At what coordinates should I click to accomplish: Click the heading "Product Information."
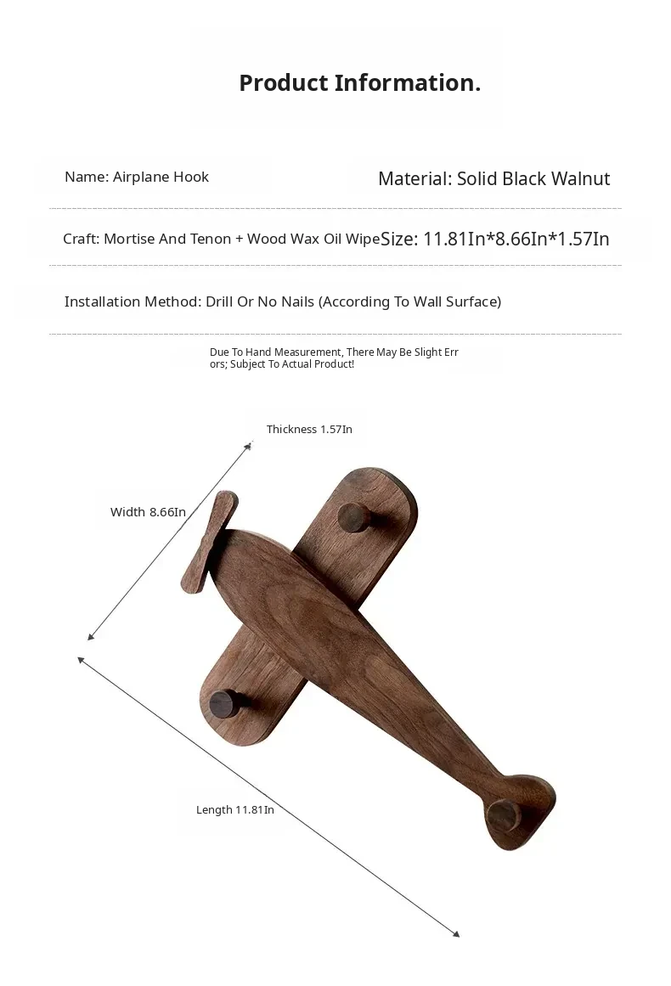(x=359, y=83)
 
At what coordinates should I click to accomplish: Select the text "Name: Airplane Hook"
(x=137, y=177)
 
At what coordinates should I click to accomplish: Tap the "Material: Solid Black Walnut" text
(x=493, y=178)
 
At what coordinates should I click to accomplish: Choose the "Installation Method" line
(x=283, y=301)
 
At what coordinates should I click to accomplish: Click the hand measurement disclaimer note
(x=334, y=358)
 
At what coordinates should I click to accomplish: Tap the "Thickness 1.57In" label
(x=309, y=429)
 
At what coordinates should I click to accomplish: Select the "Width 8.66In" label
(x=148, y=512)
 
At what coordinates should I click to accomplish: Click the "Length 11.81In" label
(x=235, y=809)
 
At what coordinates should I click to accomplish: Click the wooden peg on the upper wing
(x=352, y=516)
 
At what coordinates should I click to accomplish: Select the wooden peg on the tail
(x=504, y=815)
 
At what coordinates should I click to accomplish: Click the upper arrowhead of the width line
(x=250, y=443)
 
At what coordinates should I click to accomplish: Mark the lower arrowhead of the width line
(x=90, y=637)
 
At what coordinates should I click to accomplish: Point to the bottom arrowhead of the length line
(x=456, y=934)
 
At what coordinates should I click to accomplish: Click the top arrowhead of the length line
(x=81, y=660)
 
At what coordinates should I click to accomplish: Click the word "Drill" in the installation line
(x=223, y=301)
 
